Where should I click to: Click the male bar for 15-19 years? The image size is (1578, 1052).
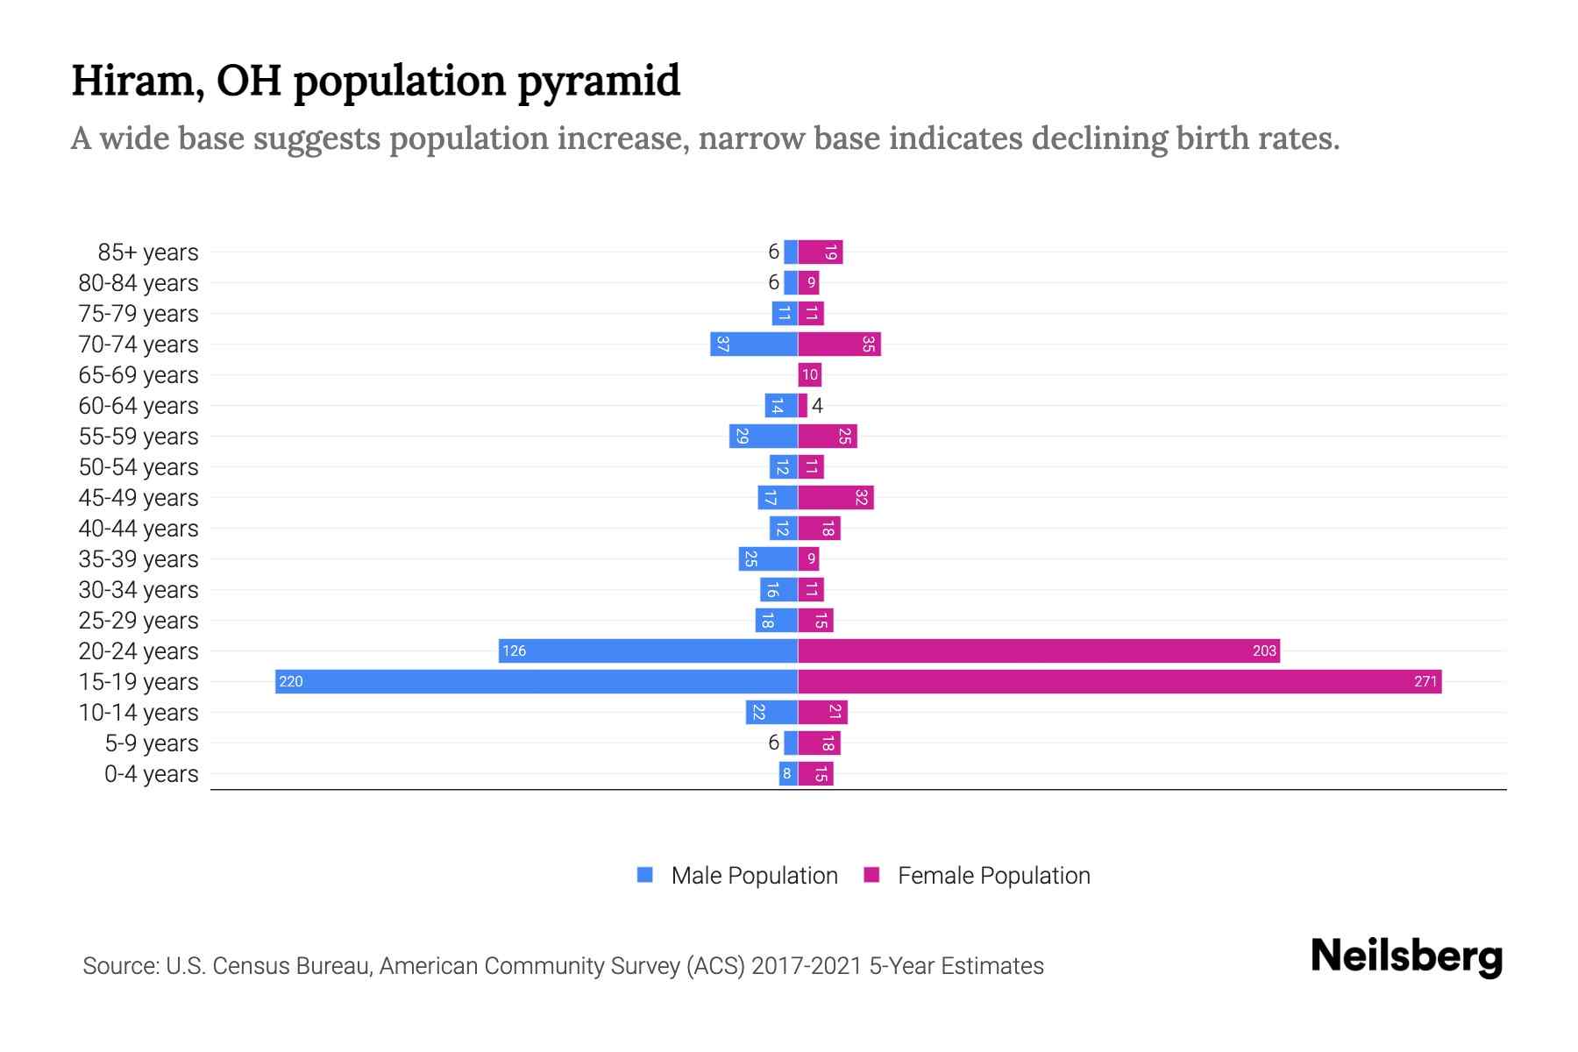click(537, 681)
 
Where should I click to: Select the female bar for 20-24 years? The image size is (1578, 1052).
click(1039, 650)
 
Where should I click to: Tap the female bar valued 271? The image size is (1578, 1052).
click(1120, 681)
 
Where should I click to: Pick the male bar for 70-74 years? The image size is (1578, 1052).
click(754, 344)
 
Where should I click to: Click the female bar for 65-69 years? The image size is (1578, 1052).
click(810, 374)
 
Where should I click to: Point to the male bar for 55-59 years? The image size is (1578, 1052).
click(764, 436)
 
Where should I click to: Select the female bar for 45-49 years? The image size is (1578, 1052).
click(835, 497)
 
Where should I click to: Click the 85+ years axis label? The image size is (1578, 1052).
click(147, 252)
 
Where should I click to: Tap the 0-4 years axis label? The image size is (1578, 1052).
click(151, 774)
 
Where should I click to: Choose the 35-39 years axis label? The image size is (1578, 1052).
click(139, 559)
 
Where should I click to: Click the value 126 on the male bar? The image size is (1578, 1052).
click(515, 650)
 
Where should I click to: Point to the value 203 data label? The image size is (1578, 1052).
click(1264, 650)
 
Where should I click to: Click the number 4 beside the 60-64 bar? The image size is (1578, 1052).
click(817, 405)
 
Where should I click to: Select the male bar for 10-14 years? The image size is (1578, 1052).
click(771, 712)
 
